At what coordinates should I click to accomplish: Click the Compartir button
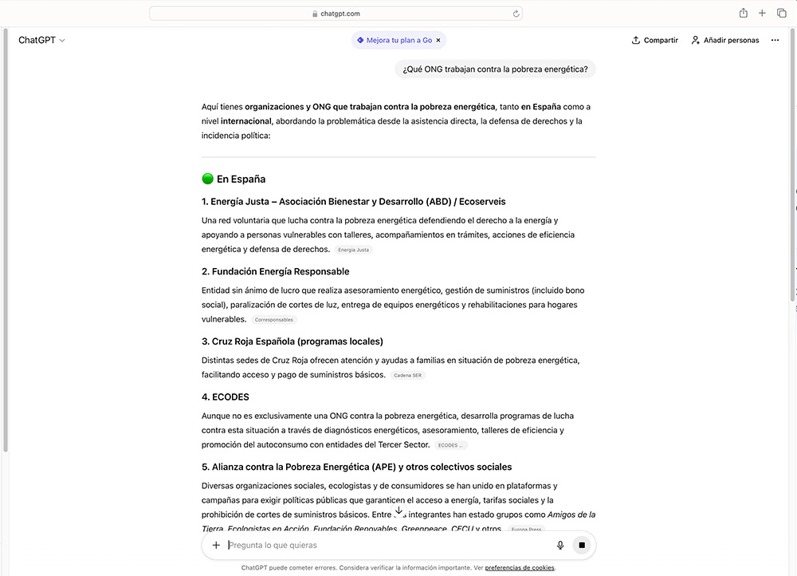coord(654,40)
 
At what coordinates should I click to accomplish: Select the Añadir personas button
coord(725,40)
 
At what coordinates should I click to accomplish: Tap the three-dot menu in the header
coord(775,40)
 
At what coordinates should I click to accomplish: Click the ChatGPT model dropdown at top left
coord(41,40)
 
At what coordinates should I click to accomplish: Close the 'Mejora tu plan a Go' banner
coord(438,40)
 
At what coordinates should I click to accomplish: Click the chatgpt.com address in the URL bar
coord(340,14)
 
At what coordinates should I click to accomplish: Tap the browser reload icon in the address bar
coord(516,14)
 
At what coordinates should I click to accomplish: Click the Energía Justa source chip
coord(354,250)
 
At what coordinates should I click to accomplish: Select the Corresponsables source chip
coord(274,320)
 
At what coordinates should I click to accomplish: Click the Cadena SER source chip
coord(407,375)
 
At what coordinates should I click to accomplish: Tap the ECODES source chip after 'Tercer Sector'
coord(450,445)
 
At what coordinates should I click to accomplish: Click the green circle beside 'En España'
coord(208,179)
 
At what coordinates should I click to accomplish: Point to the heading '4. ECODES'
coord(226,396)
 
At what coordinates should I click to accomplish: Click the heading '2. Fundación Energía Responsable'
coord(275,271)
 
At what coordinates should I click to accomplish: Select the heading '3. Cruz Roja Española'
coord(292,341)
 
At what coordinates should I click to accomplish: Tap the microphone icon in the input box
coord(560,546)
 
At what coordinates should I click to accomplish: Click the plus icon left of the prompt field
coord(216,546)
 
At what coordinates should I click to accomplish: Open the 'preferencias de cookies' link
coord(520,568)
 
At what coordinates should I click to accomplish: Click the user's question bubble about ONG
coord(495,69)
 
